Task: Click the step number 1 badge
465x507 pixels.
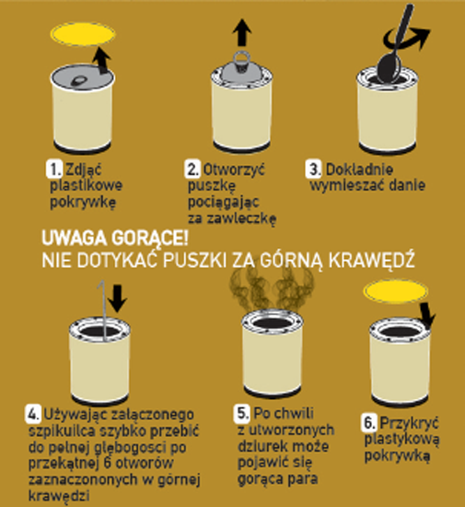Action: point(54,169)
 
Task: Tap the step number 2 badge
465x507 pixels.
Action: point(192,169)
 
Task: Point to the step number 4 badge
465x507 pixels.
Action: point(33,414)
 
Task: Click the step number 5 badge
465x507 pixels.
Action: point(242,413)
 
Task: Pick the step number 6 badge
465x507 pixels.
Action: point(368,422)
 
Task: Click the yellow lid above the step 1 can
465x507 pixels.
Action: point(83,34)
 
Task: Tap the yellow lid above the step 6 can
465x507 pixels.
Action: point(396,291)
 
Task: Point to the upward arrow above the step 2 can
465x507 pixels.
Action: point(242,32)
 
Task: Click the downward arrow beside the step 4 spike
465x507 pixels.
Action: point(118,298)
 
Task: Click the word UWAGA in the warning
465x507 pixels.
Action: point(74,239)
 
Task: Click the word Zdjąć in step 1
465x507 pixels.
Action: point(84,169)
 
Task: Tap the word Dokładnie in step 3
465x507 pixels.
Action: point(359,169)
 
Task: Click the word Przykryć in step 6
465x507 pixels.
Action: point(409,422)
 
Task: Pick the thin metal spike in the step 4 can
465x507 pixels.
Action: point(104,311)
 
